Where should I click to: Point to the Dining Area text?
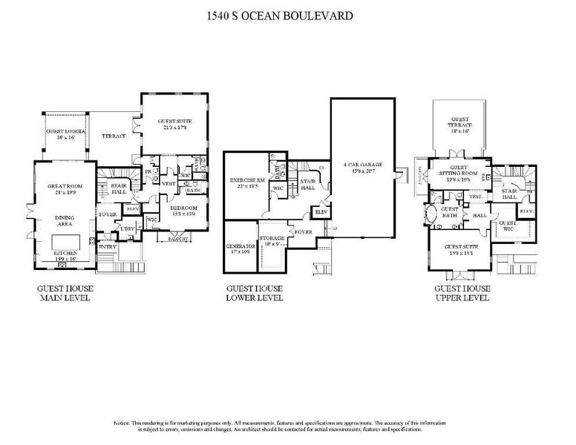tap(65, 221)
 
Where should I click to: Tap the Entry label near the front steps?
tap(108, 246)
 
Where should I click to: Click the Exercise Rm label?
tap(248, 183)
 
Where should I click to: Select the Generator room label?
tap(240, 248)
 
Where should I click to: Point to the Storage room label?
tap(272, 239)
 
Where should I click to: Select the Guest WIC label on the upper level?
tap(508, 225)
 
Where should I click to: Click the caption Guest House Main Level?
tap(64, 292)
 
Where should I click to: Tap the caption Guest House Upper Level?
tap(462, 292)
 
